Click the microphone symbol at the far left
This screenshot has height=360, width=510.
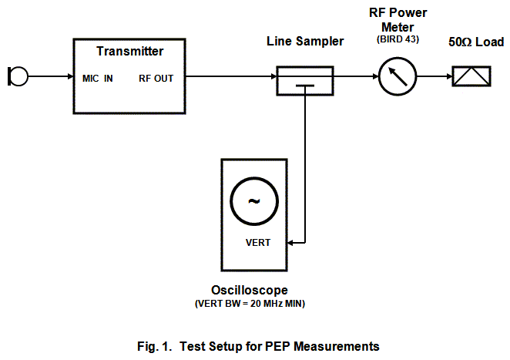pos(18,76)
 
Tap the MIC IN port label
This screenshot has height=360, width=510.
pos(97,78)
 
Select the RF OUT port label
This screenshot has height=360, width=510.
pos(156,78)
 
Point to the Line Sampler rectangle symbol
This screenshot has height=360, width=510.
pos(305,80)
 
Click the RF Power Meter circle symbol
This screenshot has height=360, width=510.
pos(398,77)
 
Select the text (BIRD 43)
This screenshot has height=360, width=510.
pos(398,39)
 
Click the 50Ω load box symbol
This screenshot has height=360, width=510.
pos(472,77)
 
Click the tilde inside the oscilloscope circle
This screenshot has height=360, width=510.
pos(254,201)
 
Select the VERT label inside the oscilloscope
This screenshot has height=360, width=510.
pos(257,242)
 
